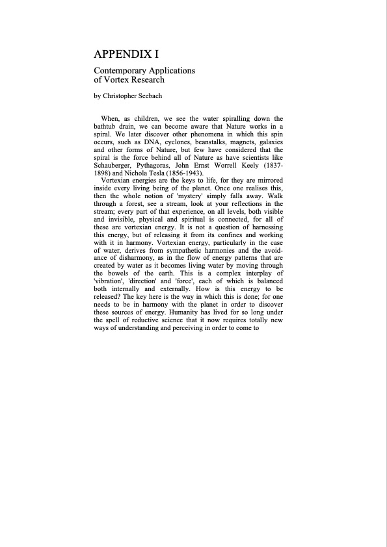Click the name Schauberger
click(117, 165)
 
